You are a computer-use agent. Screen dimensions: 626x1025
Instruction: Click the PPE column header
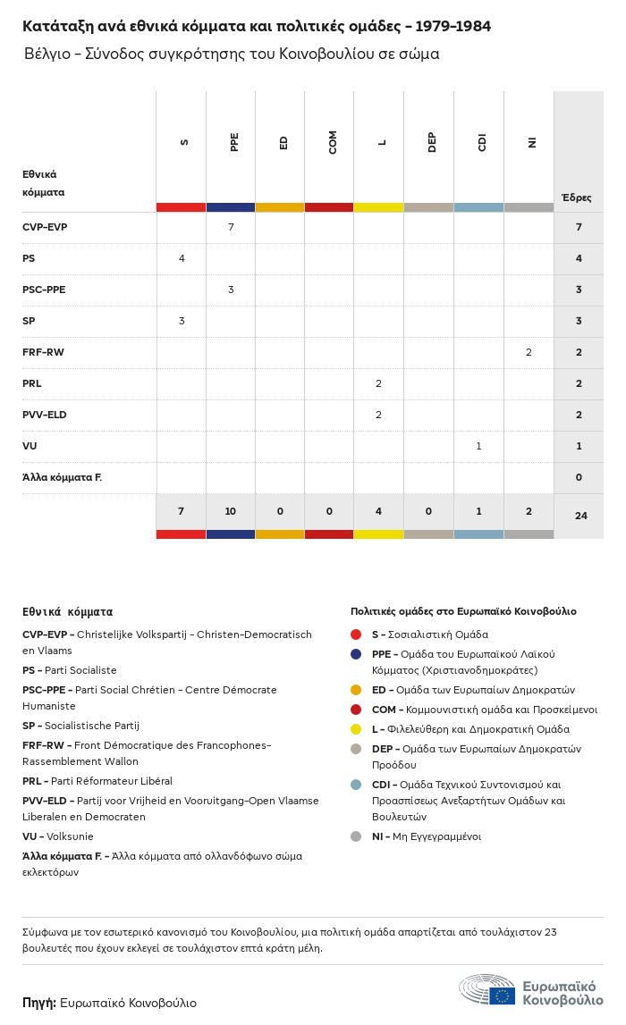point(234,142)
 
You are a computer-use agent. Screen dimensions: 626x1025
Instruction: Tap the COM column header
point(333,142)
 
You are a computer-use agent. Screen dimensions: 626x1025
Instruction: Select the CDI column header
point(482,142)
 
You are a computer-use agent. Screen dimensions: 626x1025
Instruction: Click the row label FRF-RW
point(43,352)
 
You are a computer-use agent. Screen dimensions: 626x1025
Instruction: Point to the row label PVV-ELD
point(45,416)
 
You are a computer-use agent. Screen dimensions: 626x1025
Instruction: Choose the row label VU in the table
point(30,447)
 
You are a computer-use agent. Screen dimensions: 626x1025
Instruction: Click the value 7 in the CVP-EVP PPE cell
point(231,227)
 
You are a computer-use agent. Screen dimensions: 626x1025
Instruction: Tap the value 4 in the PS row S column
point(182,258)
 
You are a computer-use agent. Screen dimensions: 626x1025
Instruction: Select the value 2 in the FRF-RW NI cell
point(529,352)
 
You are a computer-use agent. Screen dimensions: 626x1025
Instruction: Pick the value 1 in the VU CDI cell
point(478,447)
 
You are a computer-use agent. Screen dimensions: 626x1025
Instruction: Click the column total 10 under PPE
point(230,511)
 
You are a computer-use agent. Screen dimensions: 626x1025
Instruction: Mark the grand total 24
point(581,516)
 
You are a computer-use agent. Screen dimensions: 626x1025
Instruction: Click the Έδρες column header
point(576,197)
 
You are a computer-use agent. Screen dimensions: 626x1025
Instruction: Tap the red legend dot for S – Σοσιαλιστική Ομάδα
point(356,634)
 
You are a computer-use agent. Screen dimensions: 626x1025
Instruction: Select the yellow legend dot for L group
point(356,729)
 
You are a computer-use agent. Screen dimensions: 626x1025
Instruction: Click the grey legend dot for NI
point(356,836)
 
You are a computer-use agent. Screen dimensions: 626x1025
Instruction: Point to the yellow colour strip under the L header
point(379,207)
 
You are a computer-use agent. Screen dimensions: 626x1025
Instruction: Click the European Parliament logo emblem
point(487,989)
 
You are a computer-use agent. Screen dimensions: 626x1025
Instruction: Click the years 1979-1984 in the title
point(453,26)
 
